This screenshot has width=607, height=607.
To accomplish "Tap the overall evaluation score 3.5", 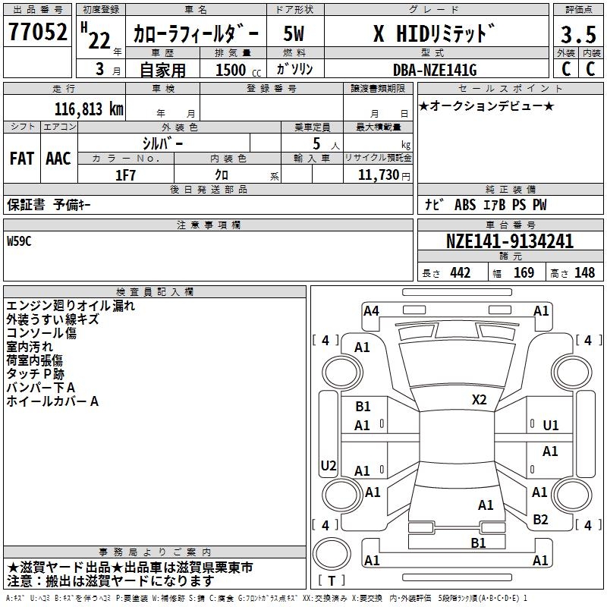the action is point(577,34).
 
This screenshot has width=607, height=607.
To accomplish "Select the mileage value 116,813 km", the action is point(89,109).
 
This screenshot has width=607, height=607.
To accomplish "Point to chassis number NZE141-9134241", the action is point(509,242).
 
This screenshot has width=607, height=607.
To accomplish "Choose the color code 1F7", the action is point(126,174).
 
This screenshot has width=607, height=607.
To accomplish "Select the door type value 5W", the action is point(294,33).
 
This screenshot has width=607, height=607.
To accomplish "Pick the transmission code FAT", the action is point(22,158).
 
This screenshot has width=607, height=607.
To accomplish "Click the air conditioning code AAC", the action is point(58,158).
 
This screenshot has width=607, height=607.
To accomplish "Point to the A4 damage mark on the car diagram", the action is point(371,310).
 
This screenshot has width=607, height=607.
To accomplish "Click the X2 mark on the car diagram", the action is point(479,400).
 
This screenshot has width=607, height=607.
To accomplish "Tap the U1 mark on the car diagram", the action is point(550,426).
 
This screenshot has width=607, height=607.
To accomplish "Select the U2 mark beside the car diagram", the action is point(329,465).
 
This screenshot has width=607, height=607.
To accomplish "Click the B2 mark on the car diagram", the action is point(540,520).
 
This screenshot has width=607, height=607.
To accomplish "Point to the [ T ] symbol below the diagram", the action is point(332,581).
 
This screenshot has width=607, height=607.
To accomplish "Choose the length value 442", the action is point(460,273).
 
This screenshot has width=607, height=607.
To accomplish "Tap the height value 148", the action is point(584,273).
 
